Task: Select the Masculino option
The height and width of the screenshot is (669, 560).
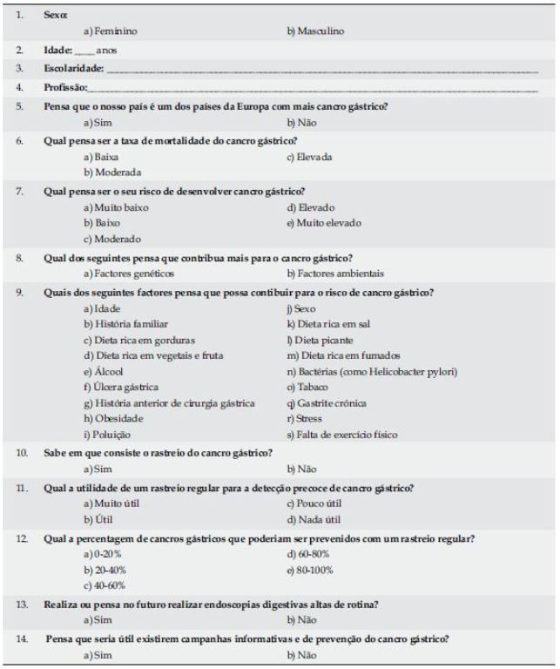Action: point(315,31)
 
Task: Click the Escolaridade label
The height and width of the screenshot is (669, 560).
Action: point(73,68)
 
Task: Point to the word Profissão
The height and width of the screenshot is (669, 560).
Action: point(65,87)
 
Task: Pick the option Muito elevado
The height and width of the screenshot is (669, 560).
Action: point(323,223)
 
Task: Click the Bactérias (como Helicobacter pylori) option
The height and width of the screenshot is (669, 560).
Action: point(372,371)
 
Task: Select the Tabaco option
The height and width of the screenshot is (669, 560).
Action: point(306,387)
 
